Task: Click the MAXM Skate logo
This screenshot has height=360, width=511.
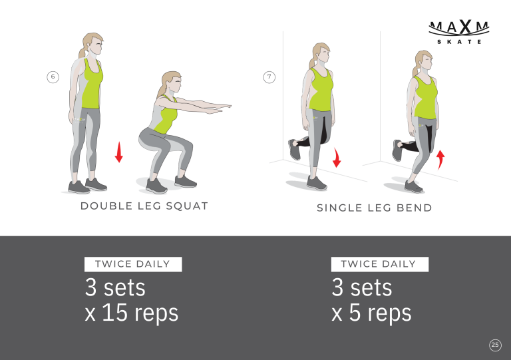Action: click(459, 32)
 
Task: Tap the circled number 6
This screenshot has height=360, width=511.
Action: click(53, 77)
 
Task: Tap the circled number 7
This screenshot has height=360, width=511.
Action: click(269, 77)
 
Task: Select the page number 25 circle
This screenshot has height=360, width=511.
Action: click(495, 345)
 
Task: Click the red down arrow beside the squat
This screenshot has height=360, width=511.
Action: click(119, 152)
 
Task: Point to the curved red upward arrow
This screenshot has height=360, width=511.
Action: click(440, 160)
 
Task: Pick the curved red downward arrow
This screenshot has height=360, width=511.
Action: click(336, 158)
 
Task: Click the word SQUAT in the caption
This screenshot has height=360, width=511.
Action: click(187, 206)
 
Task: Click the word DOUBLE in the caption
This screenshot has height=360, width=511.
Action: click(106, 206)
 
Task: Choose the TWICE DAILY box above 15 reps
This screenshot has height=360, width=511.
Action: click(133, 264)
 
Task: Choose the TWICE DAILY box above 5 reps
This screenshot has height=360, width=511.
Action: click(380, 264)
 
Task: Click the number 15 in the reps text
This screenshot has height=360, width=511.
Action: click(114, 313)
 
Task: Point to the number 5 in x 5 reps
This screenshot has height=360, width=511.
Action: click(355, 313)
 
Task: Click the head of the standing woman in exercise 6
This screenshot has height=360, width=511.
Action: click(92, 45)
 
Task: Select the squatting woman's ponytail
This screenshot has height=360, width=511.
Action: click(161, 90)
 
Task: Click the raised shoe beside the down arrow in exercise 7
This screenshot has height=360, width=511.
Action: click(294, 150)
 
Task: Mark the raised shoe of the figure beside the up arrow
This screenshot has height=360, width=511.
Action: click(398, 150)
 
